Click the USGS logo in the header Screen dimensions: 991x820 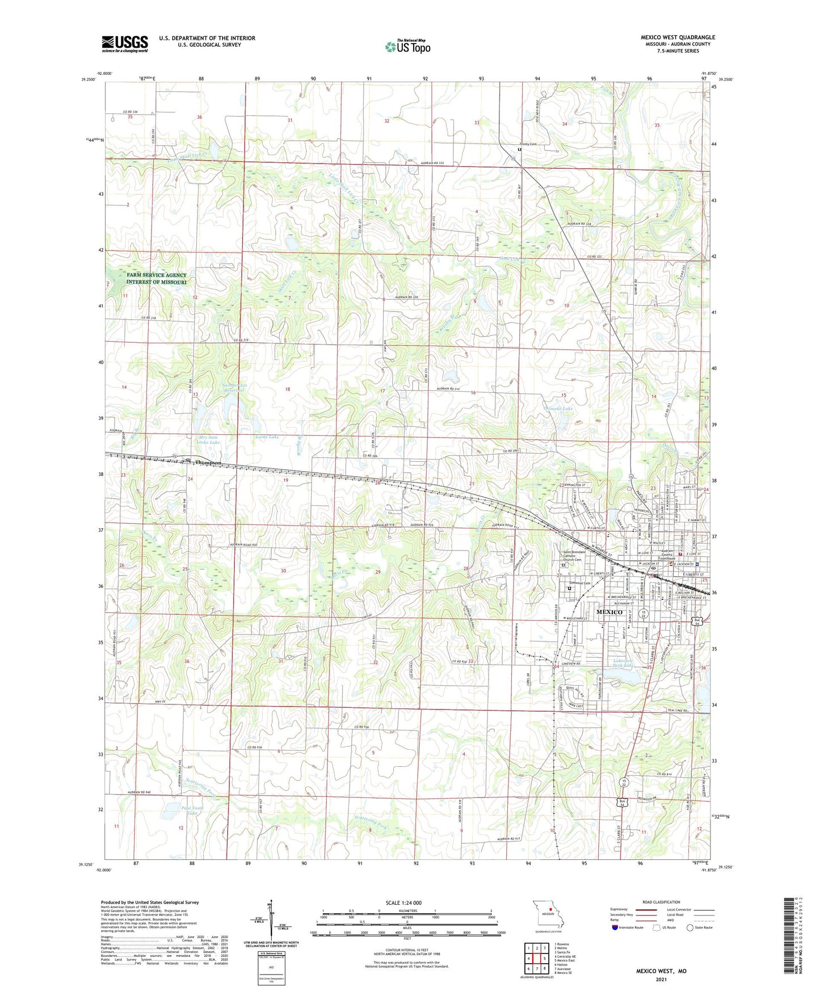click(x=125, y=43)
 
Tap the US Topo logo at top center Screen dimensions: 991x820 click(x=407, y=47)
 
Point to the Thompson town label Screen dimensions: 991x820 click(x=207, y=463)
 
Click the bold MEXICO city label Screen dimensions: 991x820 click(x=609, y=612)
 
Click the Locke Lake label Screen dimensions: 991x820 click(x=267, y=437)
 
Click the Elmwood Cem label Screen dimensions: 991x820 click(x=579, y=583)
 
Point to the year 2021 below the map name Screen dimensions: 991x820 click(x=661, y=980)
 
